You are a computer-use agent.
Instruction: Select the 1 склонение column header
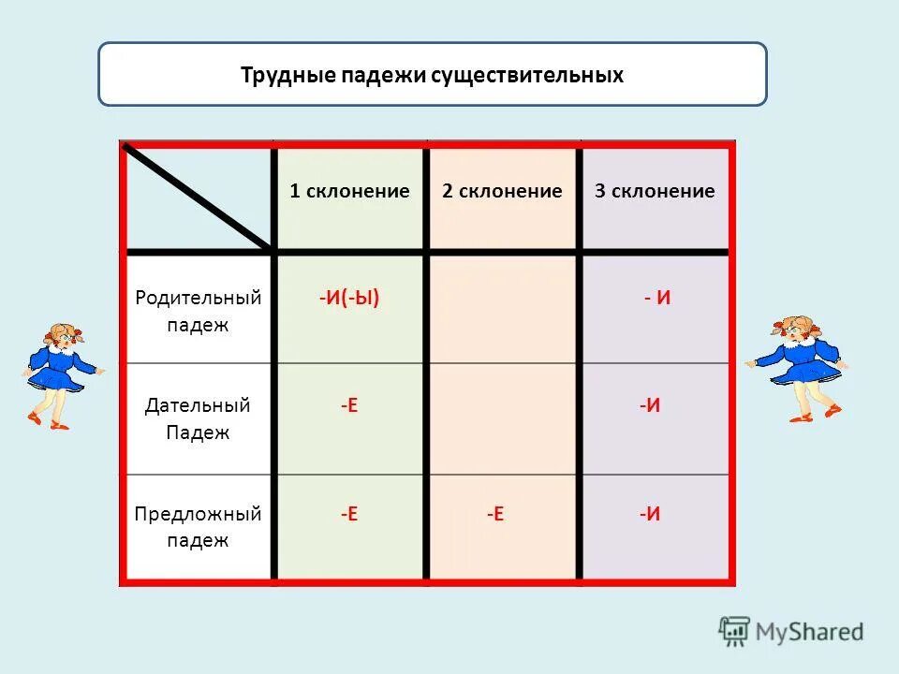[349, 192]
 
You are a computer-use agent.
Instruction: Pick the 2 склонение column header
[502, 192]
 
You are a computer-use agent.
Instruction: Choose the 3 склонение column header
[655, 192]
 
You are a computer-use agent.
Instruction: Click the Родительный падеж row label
[198, 311]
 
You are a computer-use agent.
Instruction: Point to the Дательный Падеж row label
[198, 419]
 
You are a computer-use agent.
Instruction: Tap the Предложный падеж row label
[198, 527]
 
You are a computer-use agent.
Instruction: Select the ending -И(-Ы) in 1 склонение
[348, 299]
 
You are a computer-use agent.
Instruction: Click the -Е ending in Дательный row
[348, 405]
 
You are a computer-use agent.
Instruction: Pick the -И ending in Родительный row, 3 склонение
[657, 299]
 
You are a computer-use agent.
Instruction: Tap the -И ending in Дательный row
[650, 405]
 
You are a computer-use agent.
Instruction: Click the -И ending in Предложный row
[650, 514]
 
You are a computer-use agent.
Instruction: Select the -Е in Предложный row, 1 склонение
[348, 514]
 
